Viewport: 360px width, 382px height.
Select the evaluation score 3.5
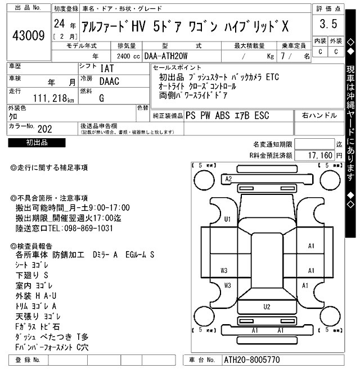[x=328, y=24]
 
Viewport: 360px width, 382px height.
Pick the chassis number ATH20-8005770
[x=251, y=360]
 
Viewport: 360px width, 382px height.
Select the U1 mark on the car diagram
[x=227, y=219]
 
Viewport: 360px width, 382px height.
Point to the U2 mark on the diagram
[x=267, y=307]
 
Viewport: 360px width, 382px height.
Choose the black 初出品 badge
[x=37, y=143]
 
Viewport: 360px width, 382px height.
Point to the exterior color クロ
[x=12, y=116]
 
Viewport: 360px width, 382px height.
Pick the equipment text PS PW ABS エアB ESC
[x=227, y=116]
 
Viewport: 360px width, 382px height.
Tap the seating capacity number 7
[x=290, y=56]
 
